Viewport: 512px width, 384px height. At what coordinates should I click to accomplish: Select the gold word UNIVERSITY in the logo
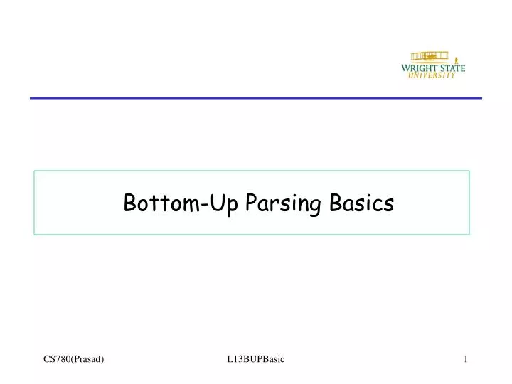tap(432, 76)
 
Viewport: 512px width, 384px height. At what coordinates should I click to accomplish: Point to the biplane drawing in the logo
tap(428, 57)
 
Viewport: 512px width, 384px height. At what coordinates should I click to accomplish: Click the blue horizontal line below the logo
tap(255, 97)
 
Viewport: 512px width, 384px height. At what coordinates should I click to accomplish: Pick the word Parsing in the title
tap(283, 205)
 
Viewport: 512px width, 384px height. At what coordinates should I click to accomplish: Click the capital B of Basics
tap(336, 203)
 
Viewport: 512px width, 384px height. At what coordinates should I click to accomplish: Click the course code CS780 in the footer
tap(57, 360)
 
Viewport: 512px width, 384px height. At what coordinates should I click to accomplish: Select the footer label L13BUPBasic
tap(255, 360)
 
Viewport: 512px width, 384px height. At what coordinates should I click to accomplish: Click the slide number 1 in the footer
tap(466, 360)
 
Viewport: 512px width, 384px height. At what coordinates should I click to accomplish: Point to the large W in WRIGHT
tap(406, 69)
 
